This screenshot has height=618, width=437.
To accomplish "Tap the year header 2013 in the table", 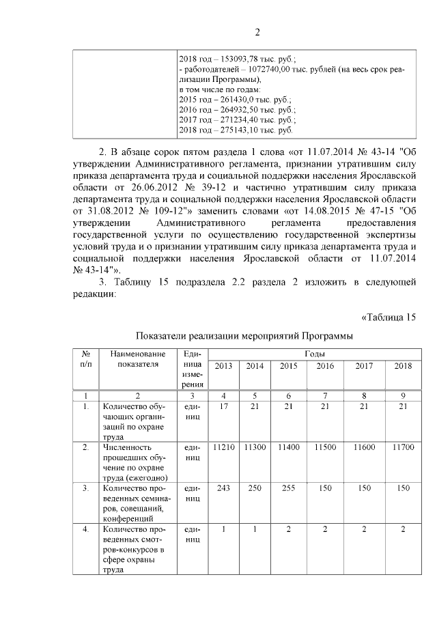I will point(223,367).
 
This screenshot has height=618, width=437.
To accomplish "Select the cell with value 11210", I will point(223,447).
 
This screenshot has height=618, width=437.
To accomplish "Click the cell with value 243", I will point(223,488).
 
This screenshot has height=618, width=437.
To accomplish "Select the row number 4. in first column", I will point(86,529).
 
